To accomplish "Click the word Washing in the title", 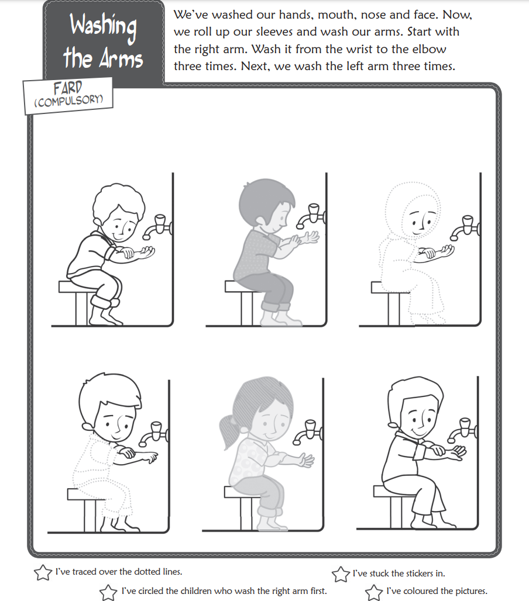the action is pyautogui.click(x=103, y=26).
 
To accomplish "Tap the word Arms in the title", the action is pyautogui.click(x=121, y=59).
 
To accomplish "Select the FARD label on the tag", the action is pyautogui.click(x=67, y=88).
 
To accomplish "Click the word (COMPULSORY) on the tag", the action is pyautogui.click(x=68, y=101).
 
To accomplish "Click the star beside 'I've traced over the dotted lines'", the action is pyautogui.click(x=43, y=572).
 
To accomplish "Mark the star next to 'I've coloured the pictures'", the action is pyautogui.click(x=374, y=592).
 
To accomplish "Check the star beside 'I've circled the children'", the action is pyautogui.click(x=109, y=592).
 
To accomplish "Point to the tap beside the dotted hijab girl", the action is pyautogui.click(x=465, y=228).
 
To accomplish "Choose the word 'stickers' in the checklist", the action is pyautogui.click(x=413, y=574).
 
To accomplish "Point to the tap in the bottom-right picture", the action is pyautogui.click(x=463, y=430).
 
